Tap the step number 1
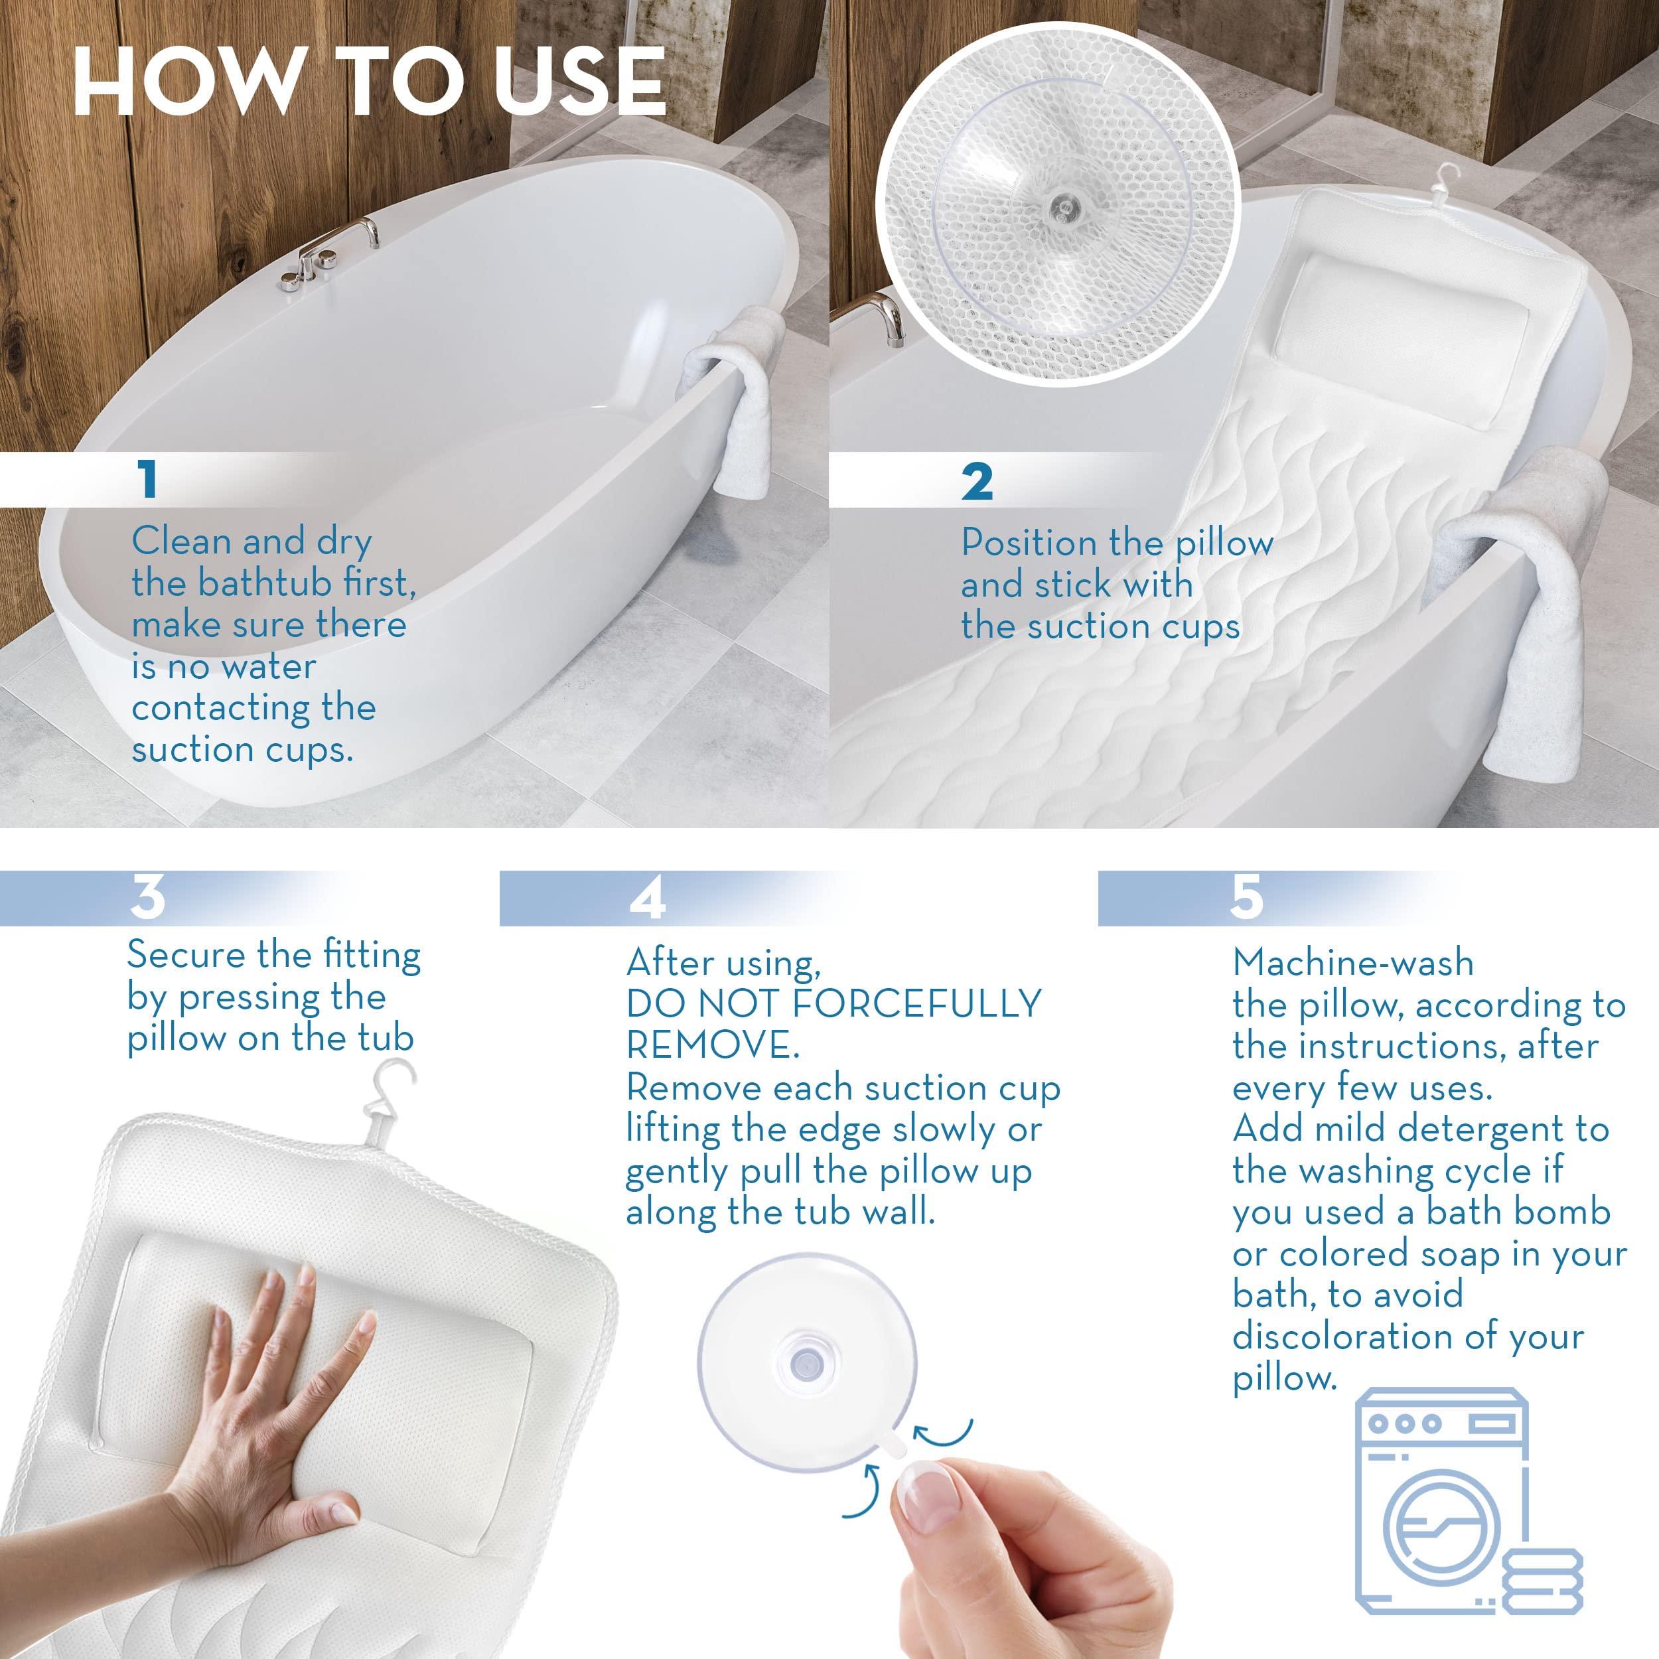point(149,479)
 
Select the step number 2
point(977,482)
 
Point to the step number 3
point(148,897)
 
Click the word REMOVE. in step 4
point(713,1045)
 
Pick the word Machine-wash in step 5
point(1352,963)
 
